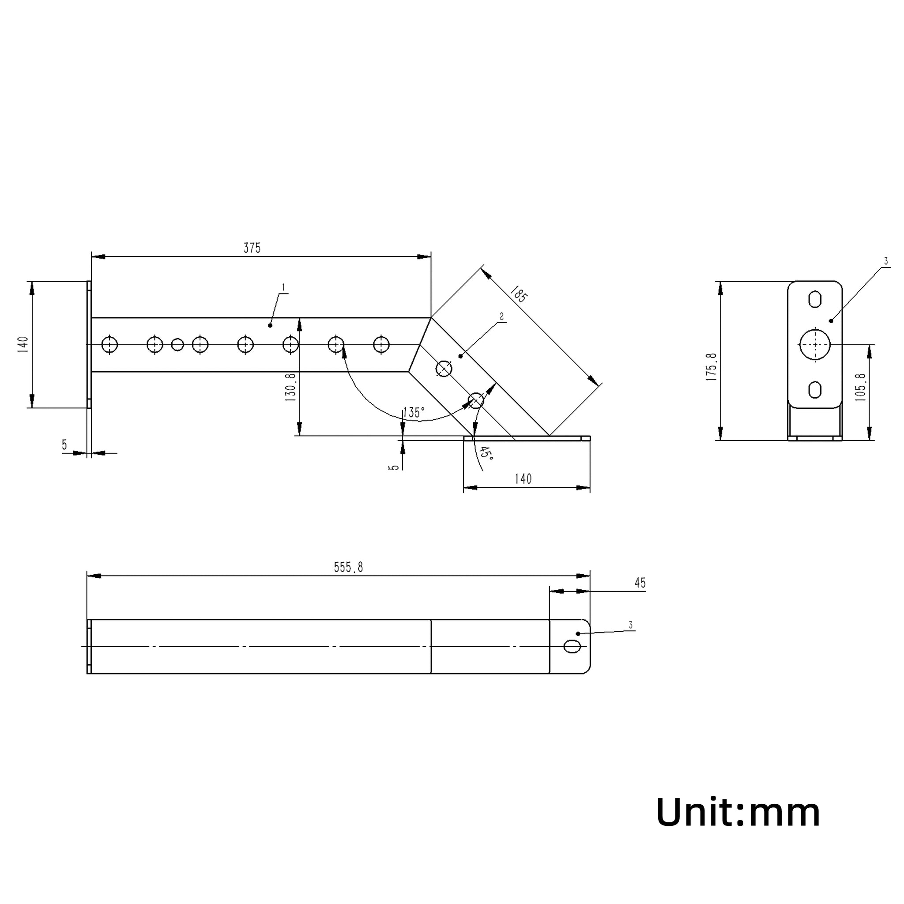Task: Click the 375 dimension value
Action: [x=252, y=248]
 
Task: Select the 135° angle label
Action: [x=414, y=412]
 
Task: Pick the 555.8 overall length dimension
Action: [x=349, y=568]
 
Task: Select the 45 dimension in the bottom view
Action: [x=640, y=583]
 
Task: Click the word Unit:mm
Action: [x=738, y=813]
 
